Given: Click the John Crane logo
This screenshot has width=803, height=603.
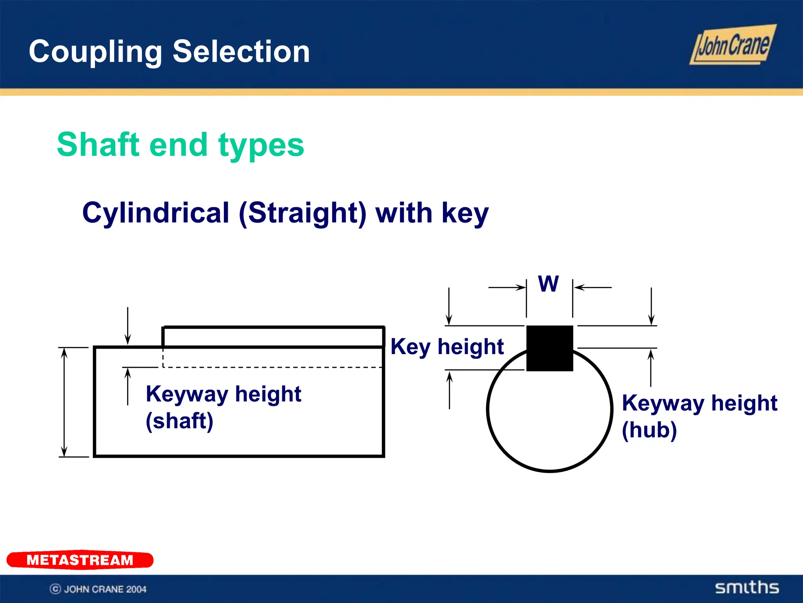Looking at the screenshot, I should (732, 45).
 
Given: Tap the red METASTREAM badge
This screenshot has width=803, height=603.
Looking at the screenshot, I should (80, 560).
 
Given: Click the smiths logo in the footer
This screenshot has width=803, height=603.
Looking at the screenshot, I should (747, 587).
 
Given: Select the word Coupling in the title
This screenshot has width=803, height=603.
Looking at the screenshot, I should (95, 52).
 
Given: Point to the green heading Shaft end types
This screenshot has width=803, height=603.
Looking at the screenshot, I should (180, 144).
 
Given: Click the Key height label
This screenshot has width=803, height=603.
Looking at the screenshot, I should (447, 347).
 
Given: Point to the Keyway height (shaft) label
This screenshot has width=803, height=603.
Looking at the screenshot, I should (223, 407).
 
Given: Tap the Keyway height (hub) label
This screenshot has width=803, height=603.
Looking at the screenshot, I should (699, 416).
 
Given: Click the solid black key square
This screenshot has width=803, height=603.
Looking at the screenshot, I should (549, 348).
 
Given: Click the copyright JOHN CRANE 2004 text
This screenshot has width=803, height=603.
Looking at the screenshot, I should (98, 589).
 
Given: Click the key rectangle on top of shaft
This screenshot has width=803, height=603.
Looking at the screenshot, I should (273, 337).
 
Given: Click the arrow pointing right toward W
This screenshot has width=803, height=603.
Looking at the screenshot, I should (507, 287).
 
